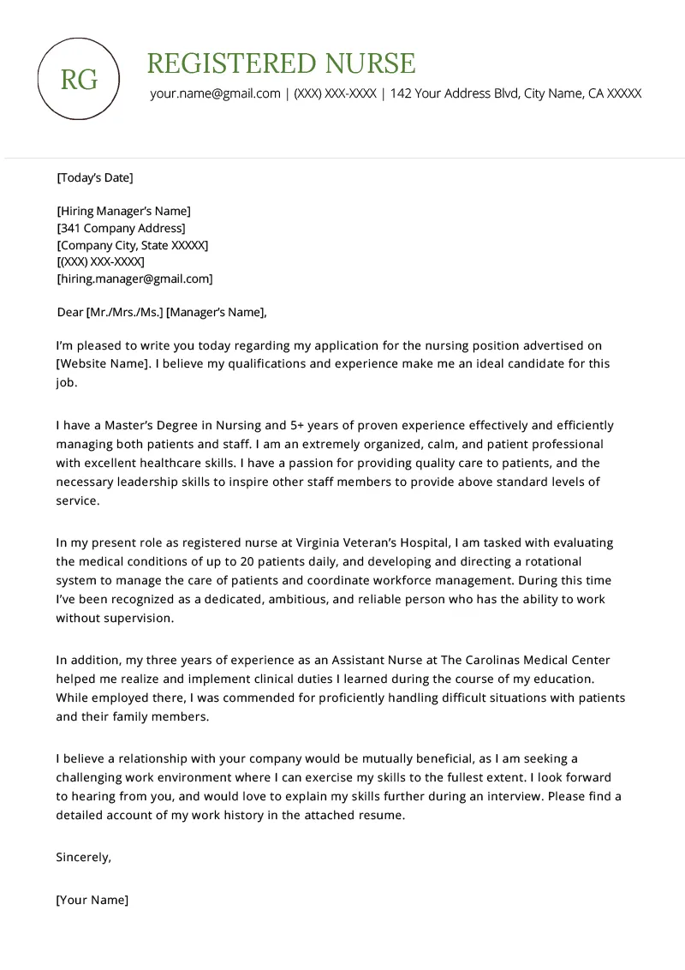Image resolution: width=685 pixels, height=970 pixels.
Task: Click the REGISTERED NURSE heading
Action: pos(281,63)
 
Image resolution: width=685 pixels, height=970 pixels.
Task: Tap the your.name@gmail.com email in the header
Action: pos(215,93)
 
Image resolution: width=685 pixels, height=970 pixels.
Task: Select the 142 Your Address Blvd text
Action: pos(454,93)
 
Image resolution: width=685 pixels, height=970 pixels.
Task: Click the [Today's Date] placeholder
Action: pos(94,178)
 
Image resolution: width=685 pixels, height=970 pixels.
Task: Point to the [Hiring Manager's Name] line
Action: pos(123,211)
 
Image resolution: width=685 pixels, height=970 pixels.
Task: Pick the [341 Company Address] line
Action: pos(121,228)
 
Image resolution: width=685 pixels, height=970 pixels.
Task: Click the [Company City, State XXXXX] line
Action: pos(132,245)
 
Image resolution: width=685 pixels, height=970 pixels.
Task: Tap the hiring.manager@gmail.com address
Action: pos(134,278)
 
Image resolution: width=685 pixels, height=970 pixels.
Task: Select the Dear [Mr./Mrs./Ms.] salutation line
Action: pos(161,312)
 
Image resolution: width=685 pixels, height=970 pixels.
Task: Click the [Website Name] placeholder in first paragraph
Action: pos(103,363)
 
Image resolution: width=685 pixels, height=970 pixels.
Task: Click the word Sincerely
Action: pos(83,857)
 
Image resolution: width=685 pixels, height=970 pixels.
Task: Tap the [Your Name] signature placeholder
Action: pos(92,900)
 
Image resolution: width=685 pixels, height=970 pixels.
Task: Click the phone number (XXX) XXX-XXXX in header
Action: pos(335,93)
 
